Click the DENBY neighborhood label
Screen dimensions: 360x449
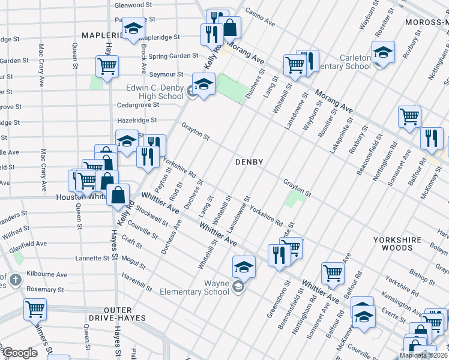(250, 162)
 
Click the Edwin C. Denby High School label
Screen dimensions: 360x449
(154, 92)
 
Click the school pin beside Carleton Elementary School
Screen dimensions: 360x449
(383, 52)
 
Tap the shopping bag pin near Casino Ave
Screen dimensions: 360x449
(229, 26)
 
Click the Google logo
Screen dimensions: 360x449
(21, 353)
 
